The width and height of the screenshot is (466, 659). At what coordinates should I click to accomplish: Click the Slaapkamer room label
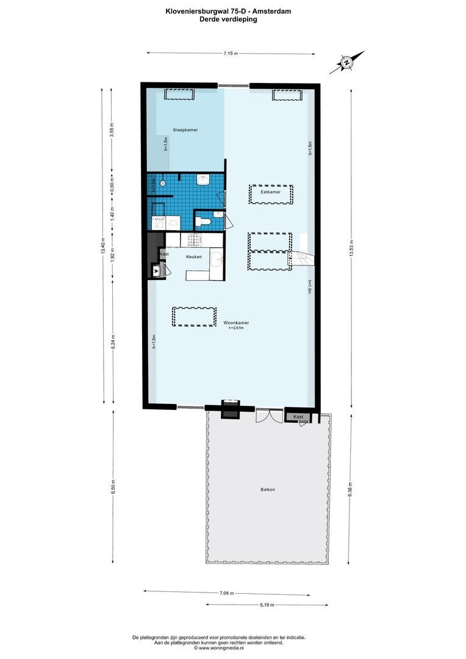coord(185,130)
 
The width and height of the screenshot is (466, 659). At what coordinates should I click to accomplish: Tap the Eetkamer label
coord(270,192)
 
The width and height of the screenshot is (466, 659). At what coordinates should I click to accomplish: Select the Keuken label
coord(194,257)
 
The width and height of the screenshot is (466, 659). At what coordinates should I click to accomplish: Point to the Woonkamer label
coord(235,322)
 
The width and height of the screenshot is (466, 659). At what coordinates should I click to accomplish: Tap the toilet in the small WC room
coord(204,221)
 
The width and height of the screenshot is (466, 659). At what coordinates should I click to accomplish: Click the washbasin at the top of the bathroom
coord(204,179)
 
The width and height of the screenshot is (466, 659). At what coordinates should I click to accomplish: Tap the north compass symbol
coord(346,62)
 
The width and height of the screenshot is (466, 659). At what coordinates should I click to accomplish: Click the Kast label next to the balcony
coord(298,416)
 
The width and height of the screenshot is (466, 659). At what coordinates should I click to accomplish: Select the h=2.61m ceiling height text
coord(235,328)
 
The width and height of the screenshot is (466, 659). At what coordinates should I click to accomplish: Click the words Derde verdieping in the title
coord(228,19)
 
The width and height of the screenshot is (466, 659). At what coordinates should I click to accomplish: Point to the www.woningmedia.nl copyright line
coord(218,648)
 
